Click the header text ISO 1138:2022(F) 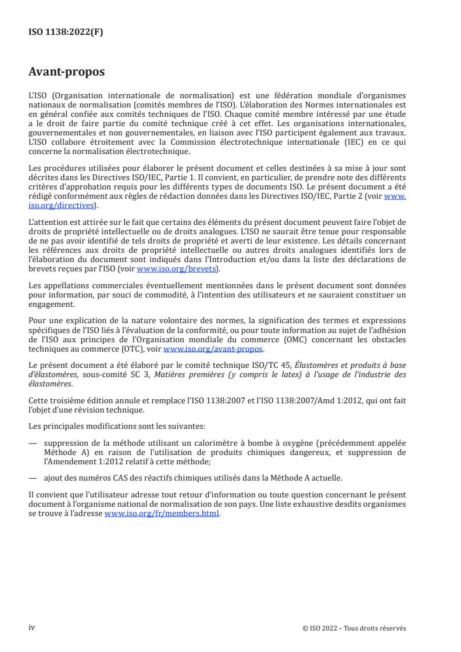(x=66, y=33)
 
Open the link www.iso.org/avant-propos (x=213, y=349)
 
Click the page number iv (x=32, y=611)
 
